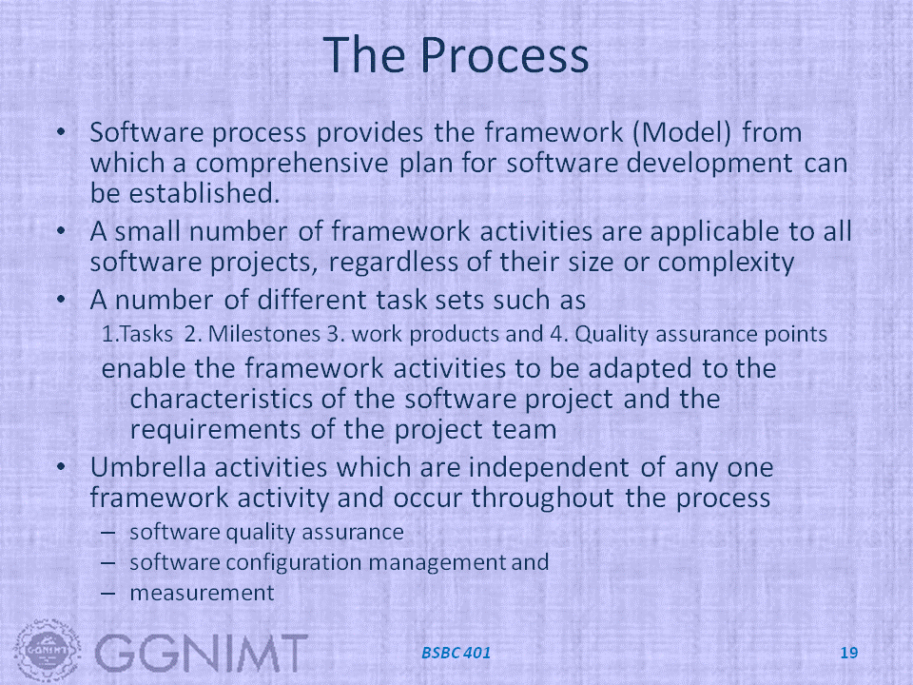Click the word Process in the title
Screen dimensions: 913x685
pyautogui.click(x=504, y=55)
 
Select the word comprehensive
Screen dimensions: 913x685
pyautogui.click(x=292, y=164)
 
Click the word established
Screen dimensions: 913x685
pyautogui.click(x=204, y=193)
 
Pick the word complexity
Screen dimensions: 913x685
pyautogui.click(x=726, y=263)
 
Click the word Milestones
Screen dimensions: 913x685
pyautogui.click(x=263, y=334)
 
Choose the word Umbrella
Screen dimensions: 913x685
pyautogui.click(x=148, y=467)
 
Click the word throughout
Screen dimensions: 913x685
pyautogui.click(x=543, y=498)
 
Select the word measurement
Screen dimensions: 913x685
pyautogui.click(x=202, y=593)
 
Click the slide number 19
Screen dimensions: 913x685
pyautogui.click(x=849, y=653)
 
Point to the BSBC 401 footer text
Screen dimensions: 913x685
pyautogui.click(x=456, y=653)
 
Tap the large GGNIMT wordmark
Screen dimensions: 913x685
pyautogui.click(x=201, y=653)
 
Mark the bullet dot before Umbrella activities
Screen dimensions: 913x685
pyautogui.click(x=62, y=466)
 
